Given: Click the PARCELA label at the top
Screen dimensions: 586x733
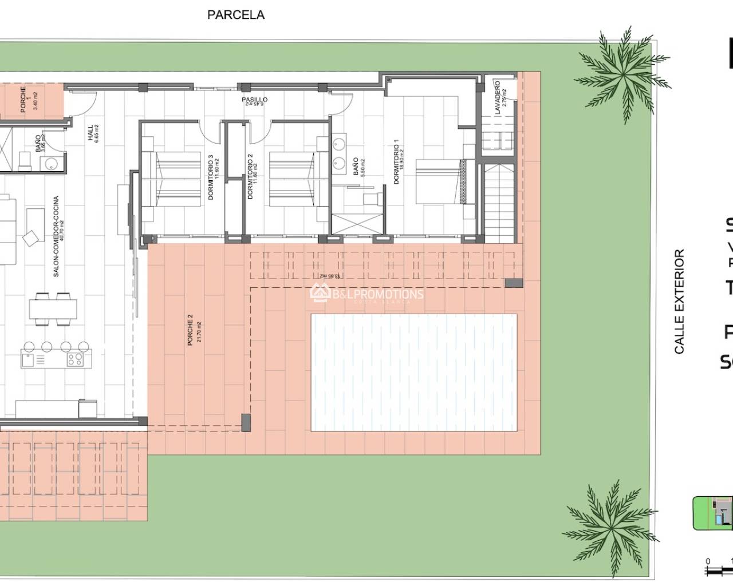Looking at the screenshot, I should (x=235, y=15).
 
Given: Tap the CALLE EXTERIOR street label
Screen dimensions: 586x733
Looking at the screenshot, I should (x=679, y=301).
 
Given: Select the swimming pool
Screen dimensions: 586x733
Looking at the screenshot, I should (x=413, y=372).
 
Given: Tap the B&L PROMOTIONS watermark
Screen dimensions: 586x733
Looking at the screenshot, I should (x=366, y=294).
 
